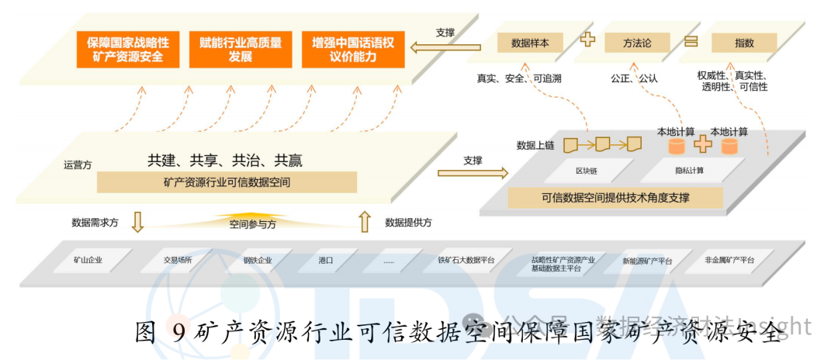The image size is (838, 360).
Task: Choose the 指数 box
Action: [744, 43]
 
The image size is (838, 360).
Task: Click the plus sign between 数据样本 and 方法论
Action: [587, 40]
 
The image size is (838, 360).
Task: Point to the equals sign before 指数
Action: [691, 40]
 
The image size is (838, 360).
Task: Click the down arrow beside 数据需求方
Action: [137, 223]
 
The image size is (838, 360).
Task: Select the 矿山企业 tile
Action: [88, 260]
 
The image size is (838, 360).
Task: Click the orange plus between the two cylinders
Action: [702, 144]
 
